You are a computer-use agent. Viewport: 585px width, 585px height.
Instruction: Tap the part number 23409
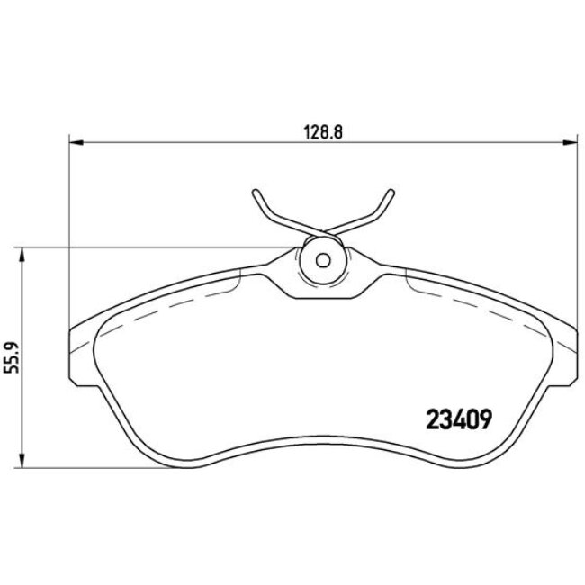pos(455,419)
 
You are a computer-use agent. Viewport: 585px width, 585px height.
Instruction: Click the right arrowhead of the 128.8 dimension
pos(569,141)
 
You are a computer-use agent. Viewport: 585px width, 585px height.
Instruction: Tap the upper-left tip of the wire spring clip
pos(256,191)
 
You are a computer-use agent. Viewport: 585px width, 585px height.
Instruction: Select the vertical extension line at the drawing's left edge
pos(69,225)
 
